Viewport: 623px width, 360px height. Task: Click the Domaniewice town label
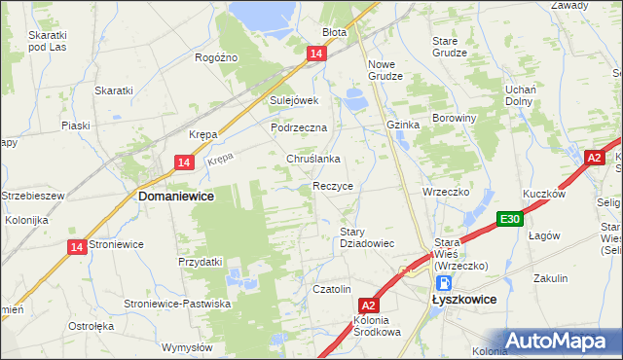click(176, 196)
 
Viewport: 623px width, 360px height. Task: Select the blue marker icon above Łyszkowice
click(444, 283)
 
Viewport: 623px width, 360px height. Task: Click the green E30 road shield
click(508, 221)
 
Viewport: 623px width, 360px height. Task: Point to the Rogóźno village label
click(216, 57)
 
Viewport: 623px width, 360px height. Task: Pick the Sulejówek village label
click(295, 100)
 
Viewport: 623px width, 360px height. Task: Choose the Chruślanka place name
click(312, 159)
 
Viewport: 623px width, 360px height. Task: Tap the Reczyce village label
click(332, 185)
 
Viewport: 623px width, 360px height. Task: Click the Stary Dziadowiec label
click(365, 237)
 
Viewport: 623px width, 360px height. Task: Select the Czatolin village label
click(331, 289)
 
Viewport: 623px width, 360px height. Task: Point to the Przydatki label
click(201, 262)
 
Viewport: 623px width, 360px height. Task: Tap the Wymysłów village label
click(187, 347)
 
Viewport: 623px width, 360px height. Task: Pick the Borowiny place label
click(457, 118)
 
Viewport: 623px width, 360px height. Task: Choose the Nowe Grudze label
click(385, 71)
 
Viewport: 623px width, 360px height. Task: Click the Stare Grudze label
click(451, 48)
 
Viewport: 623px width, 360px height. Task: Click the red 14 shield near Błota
click(316, 55)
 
